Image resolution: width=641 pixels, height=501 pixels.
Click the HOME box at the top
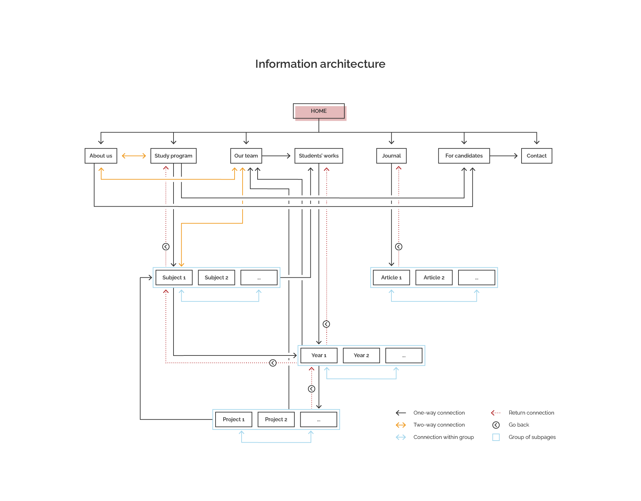(x=319, y=111)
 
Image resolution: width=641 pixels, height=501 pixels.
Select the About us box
(x=101, y=156)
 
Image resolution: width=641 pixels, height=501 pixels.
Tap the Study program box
(x=174, y=156)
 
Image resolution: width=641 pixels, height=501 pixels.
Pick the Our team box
(x=246, y=156)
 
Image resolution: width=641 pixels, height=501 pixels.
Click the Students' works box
(x=319, y=156)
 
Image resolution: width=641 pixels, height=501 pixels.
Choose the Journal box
(x=391, y=156)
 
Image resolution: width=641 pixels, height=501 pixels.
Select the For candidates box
(x=464, y=156)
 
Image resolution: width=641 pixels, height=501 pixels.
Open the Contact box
(x=537, y=156)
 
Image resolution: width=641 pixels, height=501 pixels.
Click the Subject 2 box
(x=216, y=278)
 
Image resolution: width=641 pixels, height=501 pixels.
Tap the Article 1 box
(x=391, y=278)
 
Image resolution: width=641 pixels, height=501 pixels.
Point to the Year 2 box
(x=361, y=355)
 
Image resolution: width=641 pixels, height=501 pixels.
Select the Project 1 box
(x=234, y=420)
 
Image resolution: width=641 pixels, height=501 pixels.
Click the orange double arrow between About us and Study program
(x=134, y=156)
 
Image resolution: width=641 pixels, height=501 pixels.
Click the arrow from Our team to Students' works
(x=276, y=156)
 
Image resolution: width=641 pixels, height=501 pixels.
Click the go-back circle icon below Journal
(x=399, y=247)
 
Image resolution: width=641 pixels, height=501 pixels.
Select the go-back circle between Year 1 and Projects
(x=312, y=389)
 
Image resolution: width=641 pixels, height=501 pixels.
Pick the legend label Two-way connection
(x=439, y=425)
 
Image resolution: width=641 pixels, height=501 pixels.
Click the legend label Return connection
(x=531, y=413)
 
